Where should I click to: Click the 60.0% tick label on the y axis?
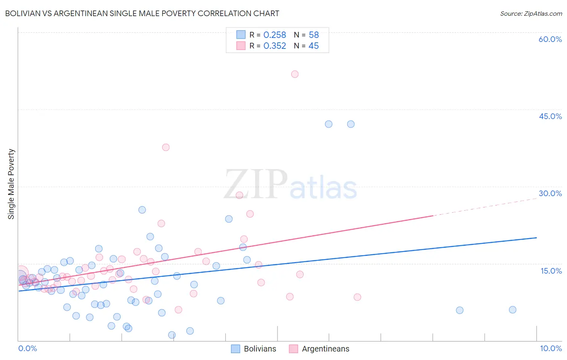(x=550, y=39)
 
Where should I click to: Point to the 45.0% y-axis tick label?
(x=550, y=116)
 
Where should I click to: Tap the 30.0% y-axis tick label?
(x=550, y=193)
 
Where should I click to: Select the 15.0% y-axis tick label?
(x=551, y=271)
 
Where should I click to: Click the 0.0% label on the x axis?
(x=27, y=348)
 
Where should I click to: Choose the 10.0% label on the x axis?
(x=550, y=348)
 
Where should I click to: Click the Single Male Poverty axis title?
(x=11, y=184)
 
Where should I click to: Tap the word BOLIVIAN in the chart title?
(x=25, y=13)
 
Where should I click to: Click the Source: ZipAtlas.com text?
(x=531, y=13)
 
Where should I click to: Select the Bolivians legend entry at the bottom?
(x=254, y=349)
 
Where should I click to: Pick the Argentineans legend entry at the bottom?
(x=319, y=349)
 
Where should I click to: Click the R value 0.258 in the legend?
(x=275, y=35)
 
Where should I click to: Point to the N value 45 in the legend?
(x=313, y=46)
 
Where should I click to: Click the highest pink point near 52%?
(x=295, y=74)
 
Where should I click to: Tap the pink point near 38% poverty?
(x=166, y=147)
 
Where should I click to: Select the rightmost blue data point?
(x=513, y=310)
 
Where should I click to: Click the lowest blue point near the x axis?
(x=172, y=335)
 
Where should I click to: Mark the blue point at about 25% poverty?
(x=142, y=210)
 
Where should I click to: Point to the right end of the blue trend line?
(x=536, y=238)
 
